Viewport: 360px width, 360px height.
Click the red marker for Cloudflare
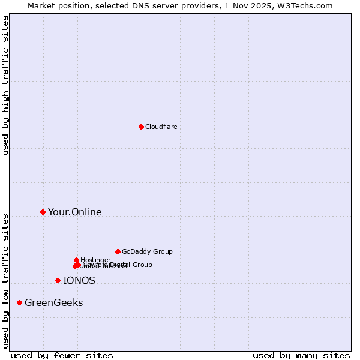(141, 127)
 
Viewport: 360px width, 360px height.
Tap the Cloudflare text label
(161, 127)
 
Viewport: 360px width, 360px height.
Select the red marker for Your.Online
(43, 212)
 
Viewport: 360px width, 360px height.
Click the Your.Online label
(74, 212)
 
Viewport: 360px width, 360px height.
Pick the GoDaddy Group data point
(118, 251)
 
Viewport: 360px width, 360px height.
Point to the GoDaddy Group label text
(147, 251)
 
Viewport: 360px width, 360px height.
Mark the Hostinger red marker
(76, 260)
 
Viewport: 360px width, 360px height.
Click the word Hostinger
(95, 260)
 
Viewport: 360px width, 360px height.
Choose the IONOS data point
(58, 280)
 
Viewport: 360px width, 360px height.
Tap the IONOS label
(79, 280)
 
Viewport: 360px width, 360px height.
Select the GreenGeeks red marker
(19, 302)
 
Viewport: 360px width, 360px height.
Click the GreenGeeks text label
(53, 302)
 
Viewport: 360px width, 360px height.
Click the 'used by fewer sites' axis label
(62, 355)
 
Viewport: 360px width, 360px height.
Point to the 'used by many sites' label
(301, 355)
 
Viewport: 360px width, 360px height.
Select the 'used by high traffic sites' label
(6, 85)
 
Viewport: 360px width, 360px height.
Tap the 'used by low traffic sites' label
(6, 280)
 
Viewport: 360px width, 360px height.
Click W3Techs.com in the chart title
(310, 5)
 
